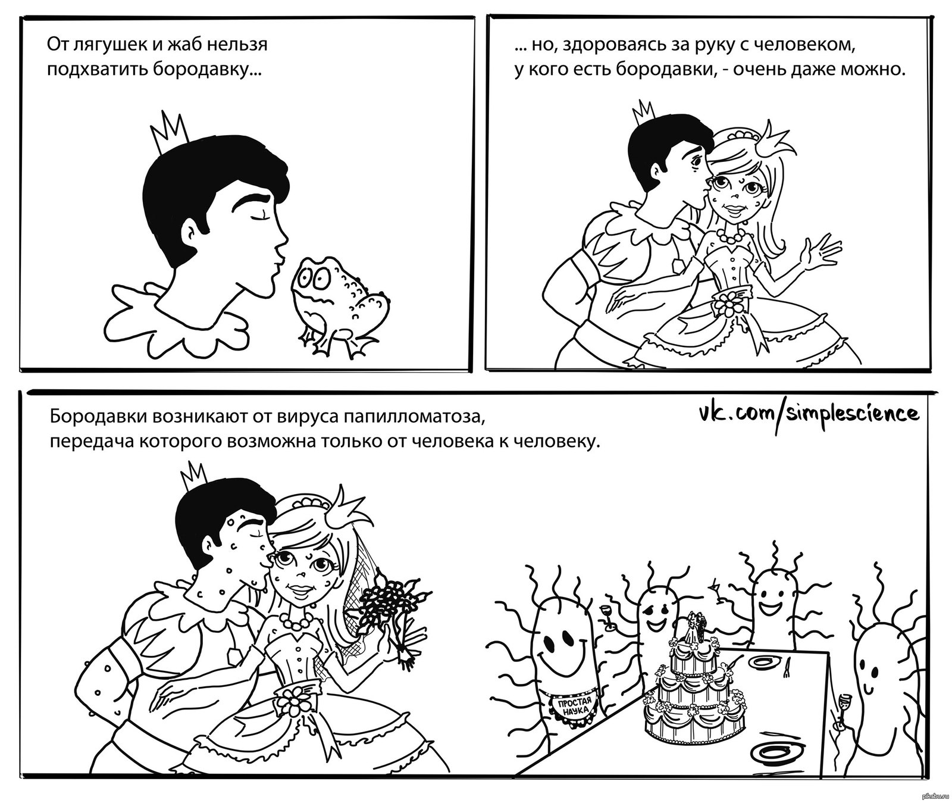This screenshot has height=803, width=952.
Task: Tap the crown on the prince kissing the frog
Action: (x=170, y=134)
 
